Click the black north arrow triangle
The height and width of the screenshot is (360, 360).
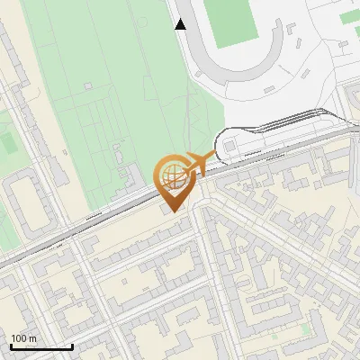tap(181, 24)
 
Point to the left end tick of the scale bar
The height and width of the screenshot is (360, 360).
tap(10, 346)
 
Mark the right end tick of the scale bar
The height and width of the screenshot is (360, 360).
tap(72, 346)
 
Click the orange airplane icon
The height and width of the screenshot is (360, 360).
tap(199, 163)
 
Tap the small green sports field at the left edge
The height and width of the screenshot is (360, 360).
tap(8, 142)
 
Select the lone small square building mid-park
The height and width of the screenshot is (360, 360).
tap(88, 85)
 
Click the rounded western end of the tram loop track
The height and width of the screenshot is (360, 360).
tap(220, 144)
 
